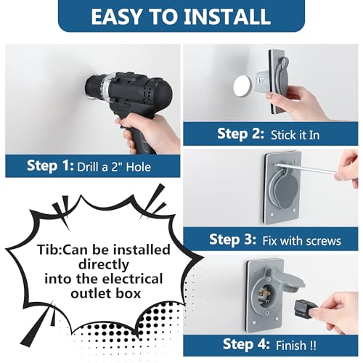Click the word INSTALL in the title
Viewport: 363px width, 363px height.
click(x=227, y=17)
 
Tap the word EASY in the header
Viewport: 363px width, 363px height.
click(x=116, y=17)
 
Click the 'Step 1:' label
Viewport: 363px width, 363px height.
click(x=50, y=166)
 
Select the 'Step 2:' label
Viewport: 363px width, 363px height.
click(x=240, y=134)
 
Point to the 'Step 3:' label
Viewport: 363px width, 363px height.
click(x=232, y=240)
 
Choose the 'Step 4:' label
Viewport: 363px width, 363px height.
click(x=246, y=344)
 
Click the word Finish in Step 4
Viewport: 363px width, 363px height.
click(x=291, y=346)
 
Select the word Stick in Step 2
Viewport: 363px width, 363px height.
click(x=282, y=135)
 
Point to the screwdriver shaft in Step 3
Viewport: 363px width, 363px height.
click(x=306, y=168)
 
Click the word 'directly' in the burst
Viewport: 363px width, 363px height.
click(x=104, y=264)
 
